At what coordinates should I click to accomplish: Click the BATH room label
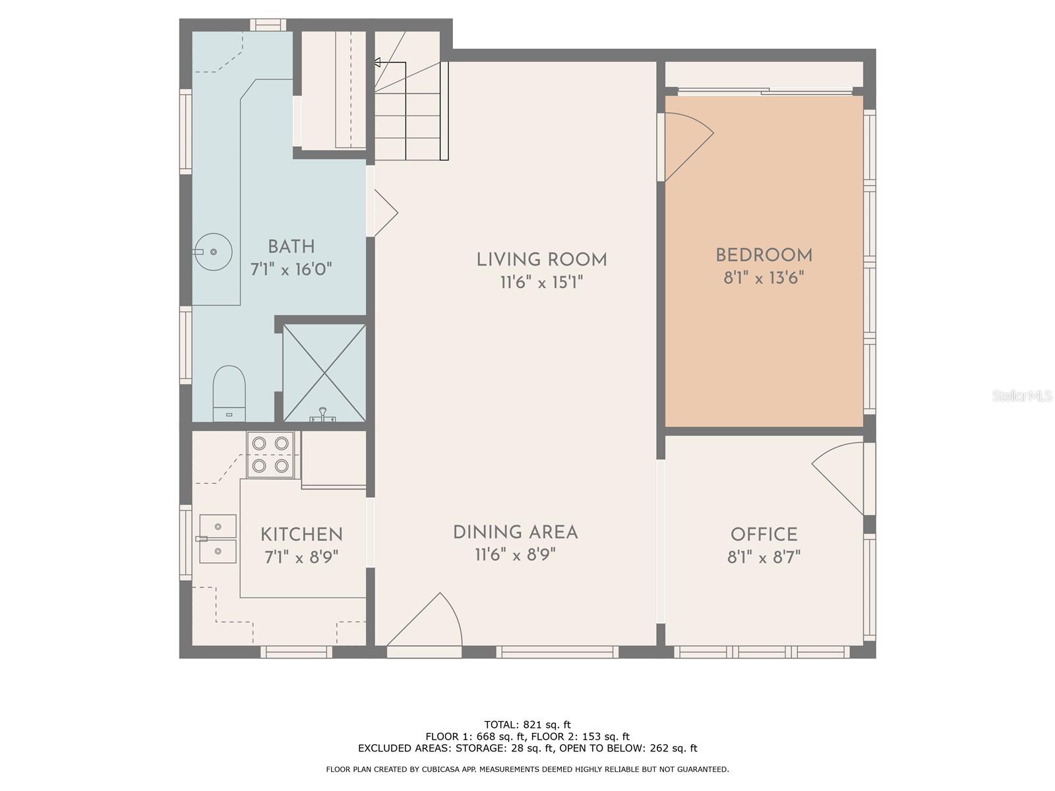pos(291,247)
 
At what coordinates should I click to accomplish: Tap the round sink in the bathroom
pos(213,251)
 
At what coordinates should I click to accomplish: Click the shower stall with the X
pos(324,373)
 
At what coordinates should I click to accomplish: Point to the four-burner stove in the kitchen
pos(270,454)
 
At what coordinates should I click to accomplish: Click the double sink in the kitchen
pos(217,539)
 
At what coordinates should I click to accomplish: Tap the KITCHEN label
pos(301,535)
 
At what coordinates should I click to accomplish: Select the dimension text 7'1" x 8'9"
pos(301,557)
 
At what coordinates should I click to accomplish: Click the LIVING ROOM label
pos(542,260)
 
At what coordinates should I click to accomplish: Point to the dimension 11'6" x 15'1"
pos(542,282)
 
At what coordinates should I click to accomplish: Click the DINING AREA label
pos(515,532)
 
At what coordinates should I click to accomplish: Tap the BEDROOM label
pos(764,255)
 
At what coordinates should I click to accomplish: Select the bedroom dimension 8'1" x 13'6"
pos(764,278)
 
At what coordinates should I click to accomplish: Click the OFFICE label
pos(764,535)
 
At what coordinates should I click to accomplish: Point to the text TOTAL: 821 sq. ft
pos(527,724)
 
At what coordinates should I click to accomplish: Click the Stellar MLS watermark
pos(1022,396)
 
